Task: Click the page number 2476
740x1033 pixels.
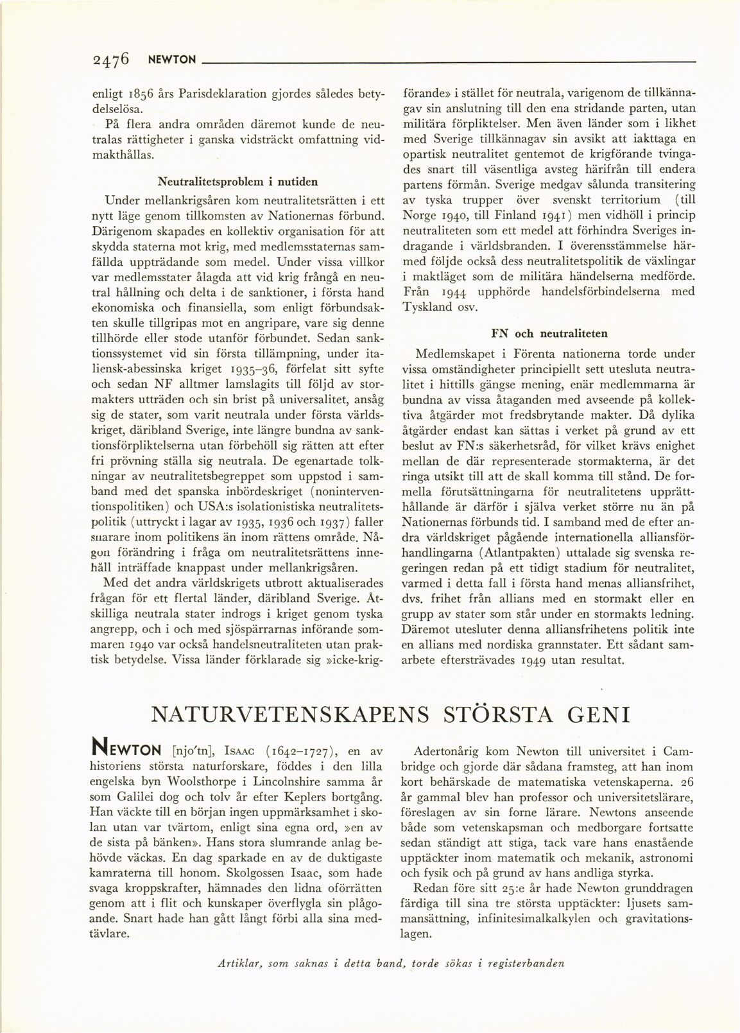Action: (112, 60)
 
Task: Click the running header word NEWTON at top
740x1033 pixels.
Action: (171, 60)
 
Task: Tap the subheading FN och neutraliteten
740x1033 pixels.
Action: (549, 333)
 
